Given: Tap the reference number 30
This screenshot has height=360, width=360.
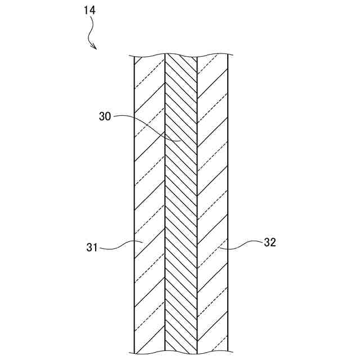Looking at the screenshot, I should coord(105,116).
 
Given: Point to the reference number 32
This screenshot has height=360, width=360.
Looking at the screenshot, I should coord(270,242).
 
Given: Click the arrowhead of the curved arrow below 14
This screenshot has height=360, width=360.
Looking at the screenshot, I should coord(95,48).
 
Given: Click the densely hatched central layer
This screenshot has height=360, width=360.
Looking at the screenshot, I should coord(181,197).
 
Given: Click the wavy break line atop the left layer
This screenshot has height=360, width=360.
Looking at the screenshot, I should coord(149,56).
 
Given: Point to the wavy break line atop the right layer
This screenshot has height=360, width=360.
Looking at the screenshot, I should coord(213,56).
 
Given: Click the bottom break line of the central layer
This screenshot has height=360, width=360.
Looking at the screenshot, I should coord(181,353).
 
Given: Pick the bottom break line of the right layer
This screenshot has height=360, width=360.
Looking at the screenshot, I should coord(213,353).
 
